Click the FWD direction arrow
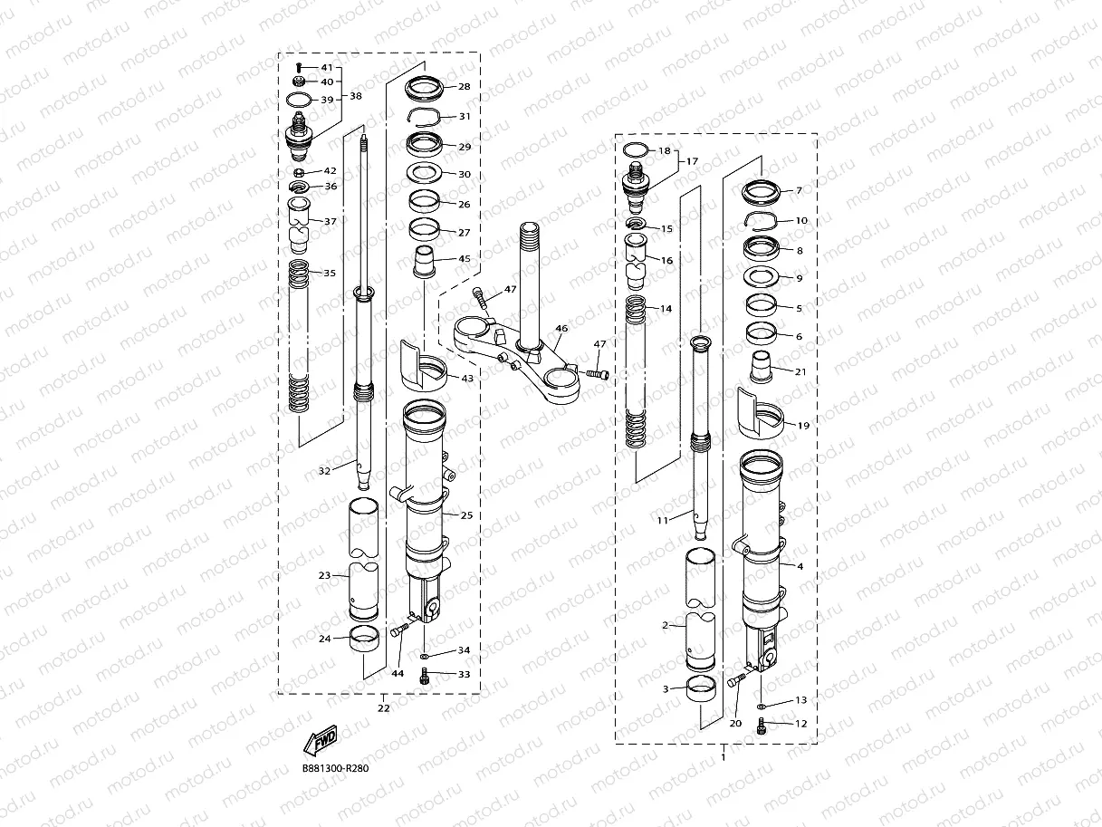(x=321, y=741)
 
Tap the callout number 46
(x=561, y=329)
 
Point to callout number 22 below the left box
(x=384, y=708)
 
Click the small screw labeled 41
(x=299, y=67)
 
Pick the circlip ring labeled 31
(x=426, y=117)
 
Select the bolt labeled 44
(x=398, y=630)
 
